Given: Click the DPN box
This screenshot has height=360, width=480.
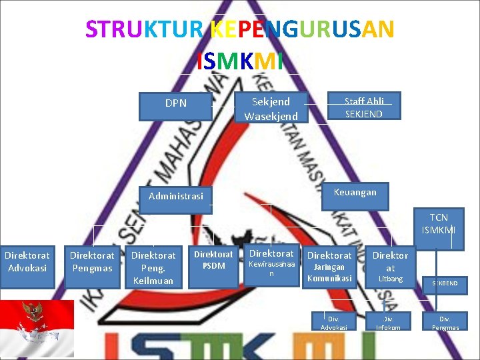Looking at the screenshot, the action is point(176,104).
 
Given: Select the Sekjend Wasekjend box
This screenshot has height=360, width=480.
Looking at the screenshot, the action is point(271,109).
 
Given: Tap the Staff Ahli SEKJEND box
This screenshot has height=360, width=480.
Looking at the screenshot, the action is point(364,107).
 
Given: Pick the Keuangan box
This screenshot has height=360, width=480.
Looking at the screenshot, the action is point(355,193).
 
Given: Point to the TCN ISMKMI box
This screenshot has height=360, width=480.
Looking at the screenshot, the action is point(439,224).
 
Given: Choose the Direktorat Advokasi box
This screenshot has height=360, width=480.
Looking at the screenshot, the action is point(27,262).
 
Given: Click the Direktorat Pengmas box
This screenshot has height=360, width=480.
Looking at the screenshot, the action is point(92,262).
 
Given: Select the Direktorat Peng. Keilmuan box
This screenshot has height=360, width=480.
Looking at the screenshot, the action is point(153,267).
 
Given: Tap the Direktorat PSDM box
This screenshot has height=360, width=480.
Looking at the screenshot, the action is point(213,261).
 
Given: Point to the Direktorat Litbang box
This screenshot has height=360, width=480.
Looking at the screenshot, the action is point(391,266).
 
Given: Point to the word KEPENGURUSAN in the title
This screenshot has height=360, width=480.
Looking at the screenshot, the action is point(302,29).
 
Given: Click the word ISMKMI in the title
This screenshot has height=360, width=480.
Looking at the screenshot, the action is point(240,61).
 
